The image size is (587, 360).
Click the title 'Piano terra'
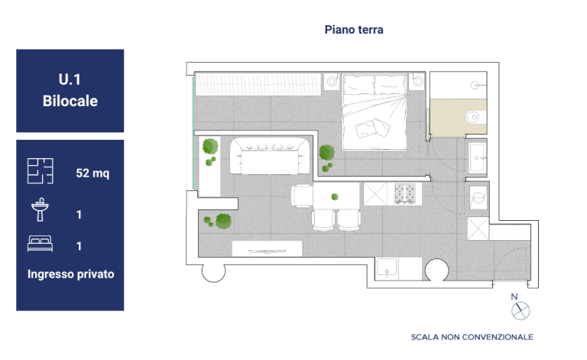click(354, 30)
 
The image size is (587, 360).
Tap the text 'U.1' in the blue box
click(70, 79)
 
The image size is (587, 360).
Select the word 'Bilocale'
click(70, 101)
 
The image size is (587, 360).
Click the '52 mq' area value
click(92, 173)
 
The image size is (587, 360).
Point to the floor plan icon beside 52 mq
click(40, 171)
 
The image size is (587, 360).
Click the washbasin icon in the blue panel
click(40, 209)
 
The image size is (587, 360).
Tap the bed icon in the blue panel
click(40, 244)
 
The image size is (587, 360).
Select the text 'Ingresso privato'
click(71, 274)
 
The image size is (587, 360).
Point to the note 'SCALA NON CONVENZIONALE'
click(472, 337)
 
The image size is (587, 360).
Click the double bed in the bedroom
click(375, 112)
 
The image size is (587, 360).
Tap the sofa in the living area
click(270, 156)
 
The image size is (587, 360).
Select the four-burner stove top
click(404, 194)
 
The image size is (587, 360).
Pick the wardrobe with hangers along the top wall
click(258, 84)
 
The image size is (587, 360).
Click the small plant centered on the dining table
click(335, 197)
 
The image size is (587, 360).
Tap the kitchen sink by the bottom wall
click(387, 269)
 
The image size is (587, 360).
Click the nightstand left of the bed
click(331, 81)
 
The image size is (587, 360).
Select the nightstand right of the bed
click(417, 81)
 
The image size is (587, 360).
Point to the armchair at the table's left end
click(302, 196)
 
